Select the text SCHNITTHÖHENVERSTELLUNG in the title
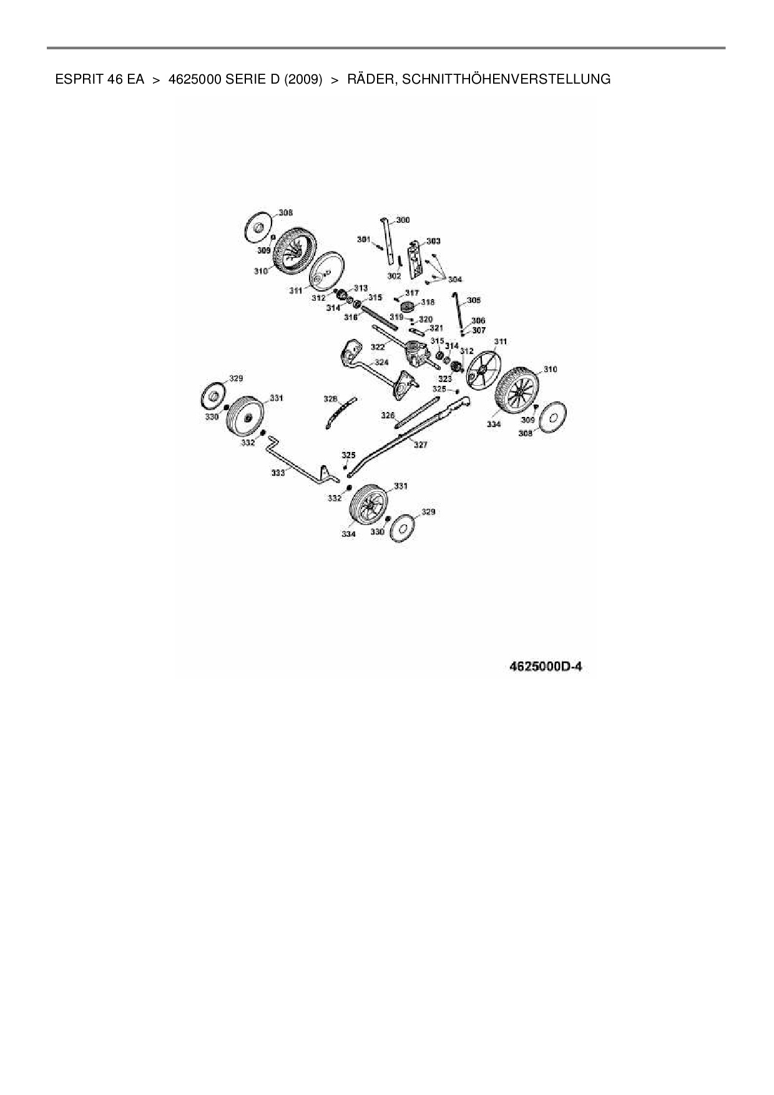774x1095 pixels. (x=507, y=79)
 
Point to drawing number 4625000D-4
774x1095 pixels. (x=546, y=667)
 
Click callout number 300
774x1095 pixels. (x=403, y=220)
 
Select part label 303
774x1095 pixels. (x=433, y=241)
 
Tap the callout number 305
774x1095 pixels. (x=474, y=300)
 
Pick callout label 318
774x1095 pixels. (x=428, y=302)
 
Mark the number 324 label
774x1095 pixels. (x=381, y=362)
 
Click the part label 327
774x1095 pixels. (x=420, y=445)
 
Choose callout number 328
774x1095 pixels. (x=330, y=398)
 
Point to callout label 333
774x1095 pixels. (x=278, y=473)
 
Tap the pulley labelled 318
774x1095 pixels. (x=409, y=308)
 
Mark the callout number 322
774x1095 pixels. (x=378, y=346)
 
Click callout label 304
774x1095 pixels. (x=455, y=280)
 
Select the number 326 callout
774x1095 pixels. (x=388, y=415)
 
